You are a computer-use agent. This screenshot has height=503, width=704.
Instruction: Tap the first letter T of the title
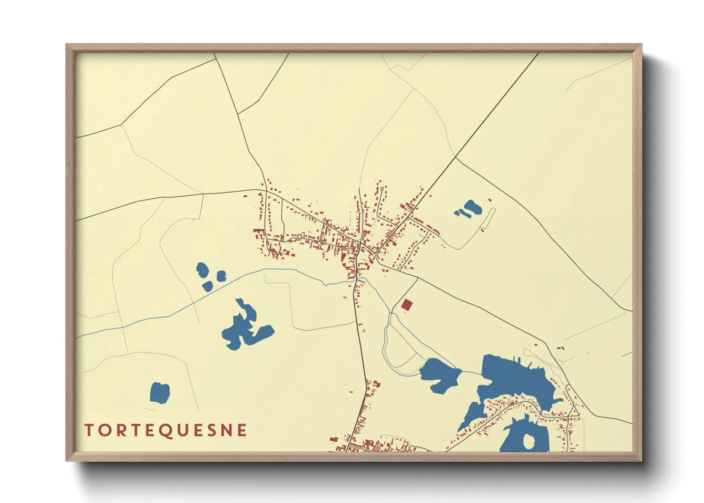(x=89, y=430)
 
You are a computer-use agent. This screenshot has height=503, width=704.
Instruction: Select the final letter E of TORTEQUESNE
(x=242, y=430)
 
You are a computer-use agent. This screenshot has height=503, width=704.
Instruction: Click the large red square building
(x=406, y=304)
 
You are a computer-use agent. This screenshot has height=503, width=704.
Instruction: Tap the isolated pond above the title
(x=160, y=393)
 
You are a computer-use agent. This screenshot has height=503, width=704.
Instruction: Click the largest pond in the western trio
(x=202, y=270)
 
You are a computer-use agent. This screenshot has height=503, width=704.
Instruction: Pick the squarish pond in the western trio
(x=222, y=276)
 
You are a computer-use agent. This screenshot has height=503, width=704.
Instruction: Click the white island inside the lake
(x=528, y=441)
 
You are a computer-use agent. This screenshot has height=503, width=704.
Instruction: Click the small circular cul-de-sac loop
(x=382, y=189)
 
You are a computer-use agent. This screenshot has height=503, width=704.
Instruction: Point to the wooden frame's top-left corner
(x=67, y=45)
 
